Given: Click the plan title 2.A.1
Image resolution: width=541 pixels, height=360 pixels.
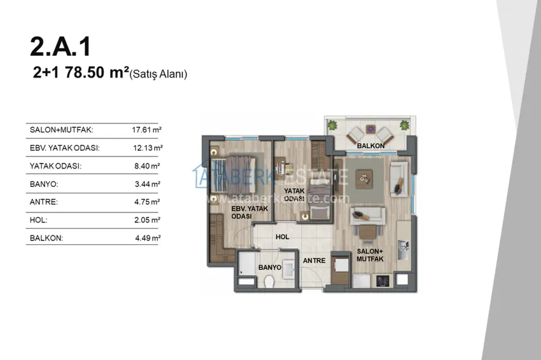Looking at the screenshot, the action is tap(60, 46).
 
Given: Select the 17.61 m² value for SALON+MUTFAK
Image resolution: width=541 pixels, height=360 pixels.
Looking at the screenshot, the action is tap(146, 130).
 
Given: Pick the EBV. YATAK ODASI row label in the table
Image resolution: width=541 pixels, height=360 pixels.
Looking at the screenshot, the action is tap(64, 148).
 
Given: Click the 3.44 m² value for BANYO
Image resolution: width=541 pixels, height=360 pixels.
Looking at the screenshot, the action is tap(147, 184).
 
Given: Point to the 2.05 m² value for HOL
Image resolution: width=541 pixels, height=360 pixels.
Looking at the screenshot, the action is tap(147, 219).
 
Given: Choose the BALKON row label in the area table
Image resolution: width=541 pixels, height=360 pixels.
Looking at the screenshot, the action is tap(46, 238).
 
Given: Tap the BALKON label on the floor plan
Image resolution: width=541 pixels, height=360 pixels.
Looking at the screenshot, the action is tap(370, 146).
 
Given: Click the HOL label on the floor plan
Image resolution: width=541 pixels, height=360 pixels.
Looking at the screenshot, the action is tap(282, 237).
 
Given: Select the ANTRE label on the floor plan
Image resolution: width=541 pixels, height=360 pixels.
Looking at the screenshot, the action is tap(314, 261).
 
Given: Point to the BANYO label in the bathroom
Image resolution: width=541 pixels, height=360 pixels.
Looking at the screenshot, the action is tap(269, 267).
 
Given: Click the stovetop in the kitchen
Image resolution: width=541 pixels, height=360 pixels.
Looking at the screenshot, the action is tap(383, 280).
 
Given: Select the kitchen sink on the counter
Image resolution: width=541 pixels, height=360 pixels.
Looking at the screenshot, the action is tap(403, 250).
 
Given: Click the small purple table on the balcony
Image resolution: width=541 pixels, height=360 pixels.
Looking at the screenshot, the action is tap(370, 129).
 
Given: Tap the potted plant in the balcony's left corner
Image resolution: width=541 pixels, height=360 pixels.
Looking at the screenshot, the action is tap(332, 125).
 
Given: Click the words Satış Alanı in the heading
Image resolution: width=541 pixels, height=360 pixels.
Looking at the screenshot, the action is tap(158, 74).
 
